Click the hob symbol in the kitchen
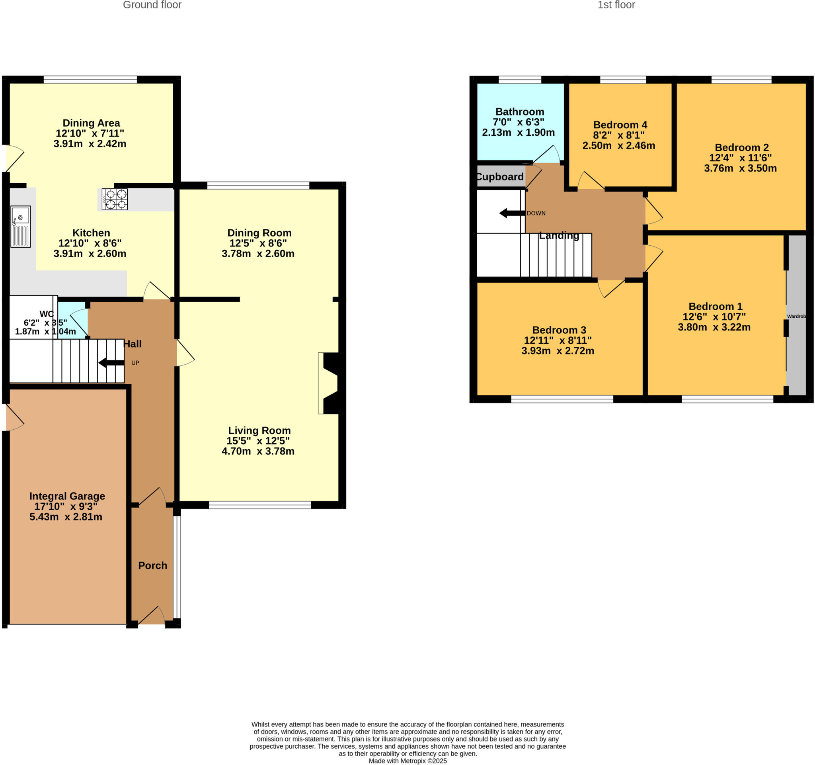tap(114, 199)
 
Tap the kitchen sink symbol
tap(21, 227)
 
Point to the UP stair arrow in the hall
tap(111, 363)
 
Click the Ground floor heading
tap(152, 5)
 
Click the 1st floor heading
tap(616, 5)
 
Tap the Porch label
tap(152, 565)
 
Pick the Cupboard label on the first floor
tap(500, 177)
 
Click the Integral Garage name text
tap(67, 496)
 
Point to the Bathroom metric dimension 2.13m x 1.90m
tap(518, 133)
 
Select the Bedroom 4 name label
tap(620, 125)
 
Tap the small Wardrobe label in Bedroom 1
tap(796, 316)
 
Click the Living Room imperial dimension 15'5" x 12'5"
tap(258, 440)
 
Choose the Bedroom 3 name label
tap(559, 330)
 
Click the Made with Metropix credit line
tap(407, 761)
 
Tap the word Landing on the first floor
tap(559, 235)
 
